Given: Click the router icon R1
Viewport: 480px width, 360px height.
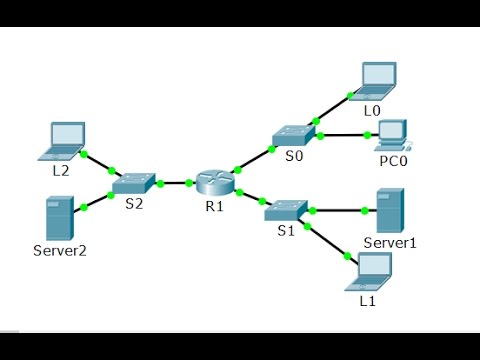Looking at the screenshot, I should point(212,183).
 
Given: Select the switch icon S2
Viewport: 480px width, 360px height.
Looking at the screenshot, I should point(133,183).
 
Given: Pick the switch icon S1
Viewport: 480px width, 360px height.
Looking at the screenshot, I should point(284,209).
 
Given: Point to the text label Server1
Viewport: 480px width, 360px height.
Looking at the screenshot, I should point(389,243).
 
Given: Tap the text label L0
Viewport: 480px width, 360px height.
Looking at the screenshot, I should point(372,108).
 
